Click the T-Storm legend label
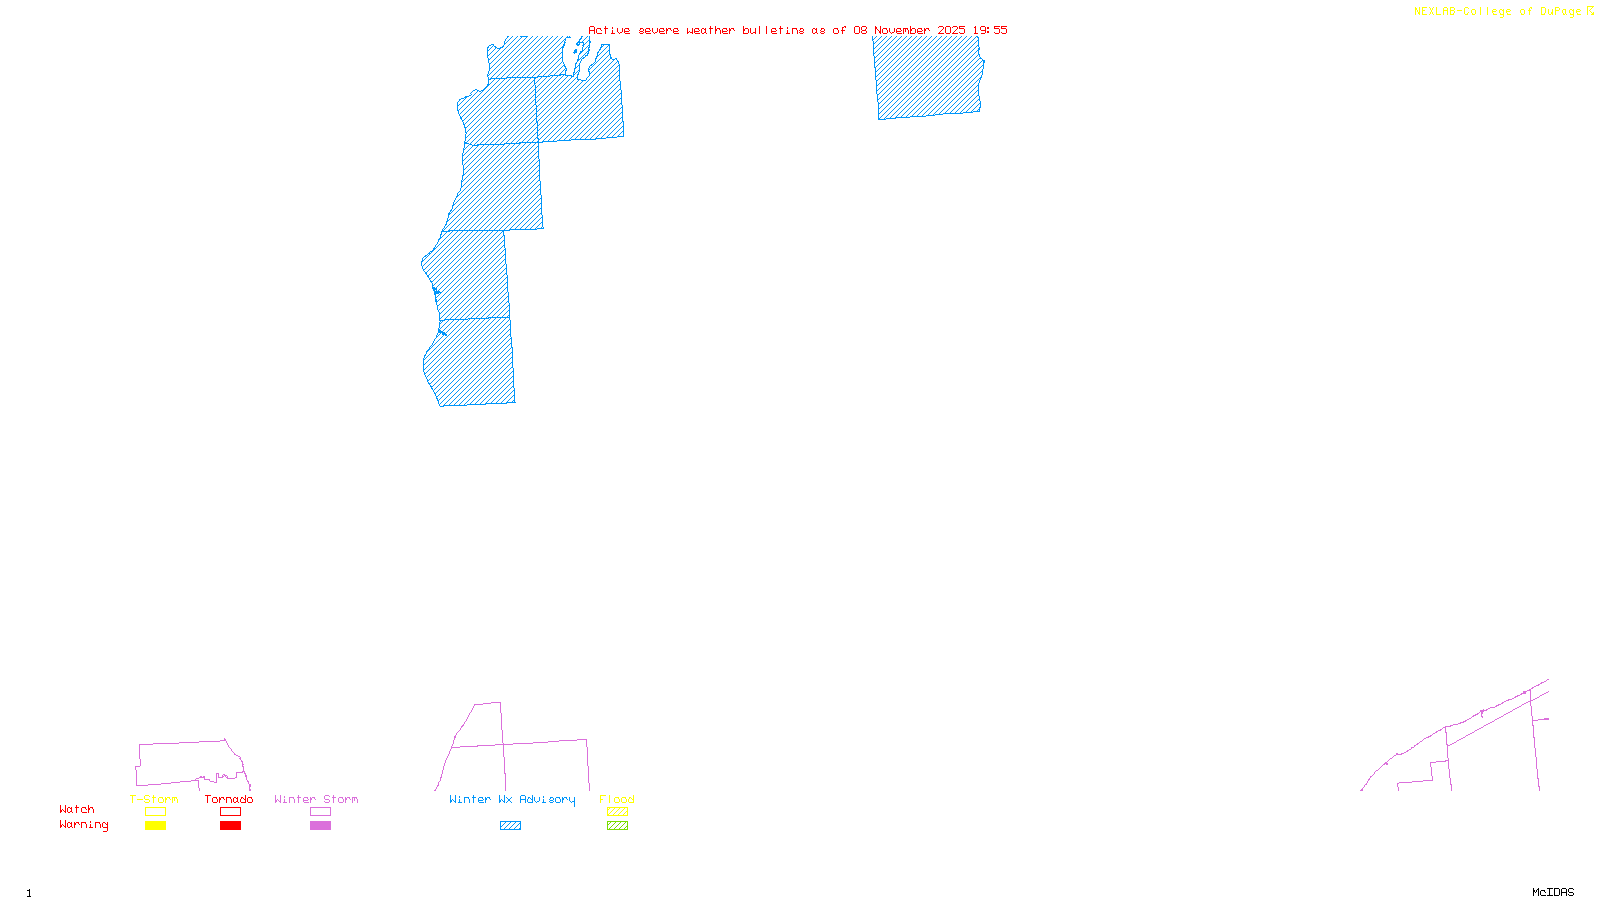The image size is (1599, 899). point(154,799)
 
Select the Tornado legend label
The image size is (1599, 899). point(229,799)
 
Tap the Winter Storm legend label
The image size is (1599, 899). point(316,799)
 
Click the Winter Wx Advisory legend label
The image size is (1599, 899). point(512,799)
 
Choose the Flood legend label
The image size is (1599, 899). point(617,799)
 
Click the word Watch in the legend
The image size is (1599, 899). point(77,810)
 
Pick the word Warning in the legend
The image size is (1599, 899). point(84,825)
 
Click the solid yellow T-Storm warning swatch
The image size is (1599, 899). point(155,826)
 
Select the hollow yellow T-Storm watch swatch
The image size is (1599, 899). point(155,812)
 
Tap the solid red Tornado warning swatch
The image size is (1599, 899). point(231,826)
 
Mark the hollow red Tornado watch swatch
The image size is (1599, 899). point(231,812)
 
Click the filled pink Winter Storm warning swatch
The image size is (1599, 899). point(320,826)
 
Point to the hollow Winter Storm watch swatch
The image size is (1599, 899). point(320,812)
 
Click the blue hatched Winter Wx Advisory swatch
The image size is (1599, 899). point(510,826)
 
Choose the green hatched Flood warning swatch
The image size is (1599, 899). point(618,826)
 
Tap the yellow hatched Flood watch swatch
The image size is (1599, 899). point(618,812)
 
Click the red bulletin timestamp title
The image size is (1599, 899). point(798,30)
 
